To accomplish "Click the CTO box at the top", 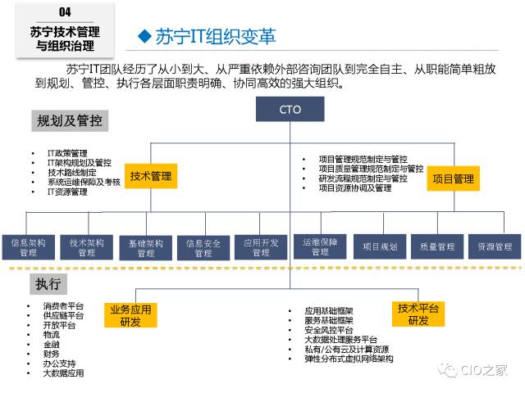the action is coord(290,110).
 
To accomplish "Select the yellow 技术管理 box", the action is coord(152,176).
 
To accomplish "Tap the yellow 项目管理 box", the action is coord(453,178).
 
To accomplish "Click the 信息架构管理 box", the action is coord(29,247).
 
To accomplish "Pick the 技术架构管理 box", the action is coord(87,247).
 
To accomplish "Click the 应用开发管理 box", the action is coord(261,247).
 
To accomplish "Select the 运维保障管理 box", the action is coord(320,246).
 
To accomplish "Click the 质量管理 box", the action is coord(437,246).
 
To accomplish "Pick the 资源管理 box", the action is coord(495,246).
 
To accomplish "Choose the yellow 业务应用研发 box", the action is coord(130,315).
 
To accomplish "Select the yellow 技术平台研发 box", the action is coord(418,314).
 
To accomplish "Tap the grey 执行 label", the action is coord(48,283).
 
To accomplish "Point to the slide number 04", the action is coord(66,11).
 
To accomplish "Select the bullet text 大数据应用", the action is coord(64,373).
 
